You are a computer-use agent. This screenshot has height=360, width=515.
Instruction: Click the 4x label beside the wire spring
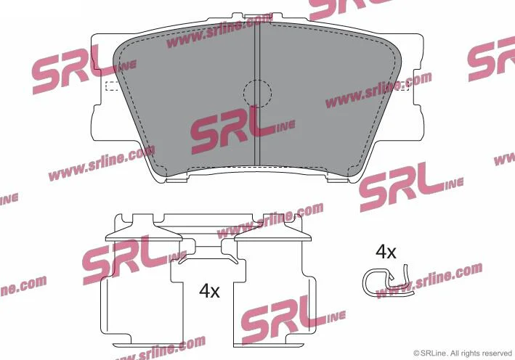386,252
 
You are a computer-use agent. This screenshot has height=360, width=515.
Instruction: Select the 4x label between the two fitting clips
209,291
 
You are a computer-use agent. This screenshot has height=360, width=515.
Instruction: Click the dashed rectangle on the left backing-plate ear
113,86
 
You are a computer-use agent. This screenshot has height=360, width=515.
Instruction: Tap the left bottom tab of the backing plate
177,180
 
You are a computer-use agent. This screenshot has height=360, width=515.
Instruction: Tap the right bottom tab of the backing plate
338,180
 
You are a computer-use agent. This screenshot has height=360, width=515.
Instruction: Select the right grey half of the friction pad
328,99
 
